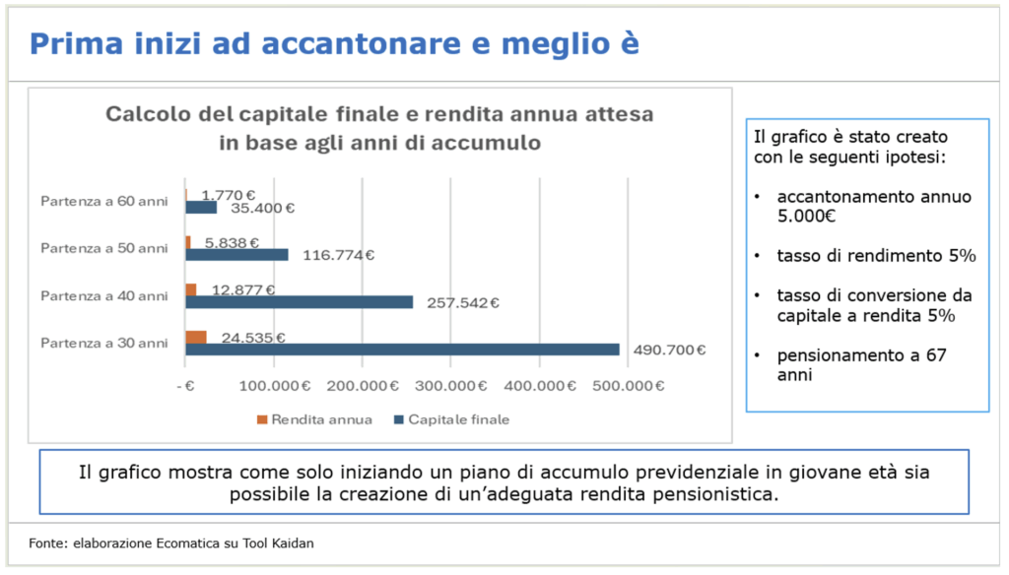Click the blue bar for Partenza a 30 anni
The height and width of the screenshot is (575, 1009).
tap(402, 350)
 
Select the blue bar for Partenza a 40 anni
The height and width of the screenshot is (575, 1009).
tap(299, 302)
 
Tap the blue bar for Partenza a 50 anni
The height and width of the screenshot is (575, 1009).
tap(236, 255)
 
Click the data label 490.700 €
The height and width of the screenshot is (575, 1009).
tap(671, 350)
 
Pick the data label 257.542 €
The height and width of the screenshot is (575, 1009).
tap(462, 302)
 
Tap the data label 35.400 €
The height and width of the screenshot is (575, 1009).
tap(262, 208)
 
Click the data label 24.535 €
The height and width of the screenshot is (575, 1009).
tap(253, 338)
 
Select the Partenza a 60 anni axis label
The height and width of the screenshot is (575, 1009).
tap(104, 201)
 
